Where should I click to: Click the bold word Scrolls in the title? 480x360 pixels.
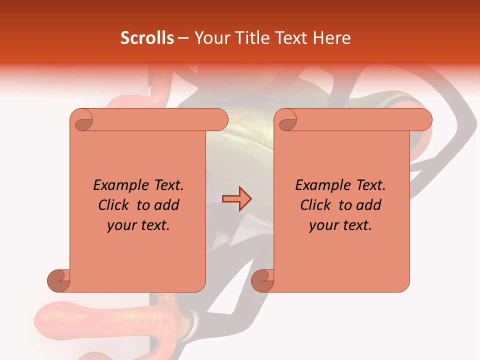tap(147, 38)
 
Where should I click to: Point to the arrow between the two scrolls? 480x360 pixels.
tap(236, 199)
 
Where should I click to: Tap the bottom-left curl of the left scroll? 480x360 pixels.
tap(59, 279)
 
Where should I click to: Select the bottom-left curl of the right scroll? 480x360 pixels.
tap(262, 279)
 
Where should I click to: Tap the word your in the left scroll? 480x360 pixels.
tap(120, 225)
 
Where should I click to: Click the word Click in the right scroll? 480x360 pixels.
tap(315, 205)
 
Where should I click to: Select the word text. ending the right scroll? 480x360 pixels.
tap(357, 225)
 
